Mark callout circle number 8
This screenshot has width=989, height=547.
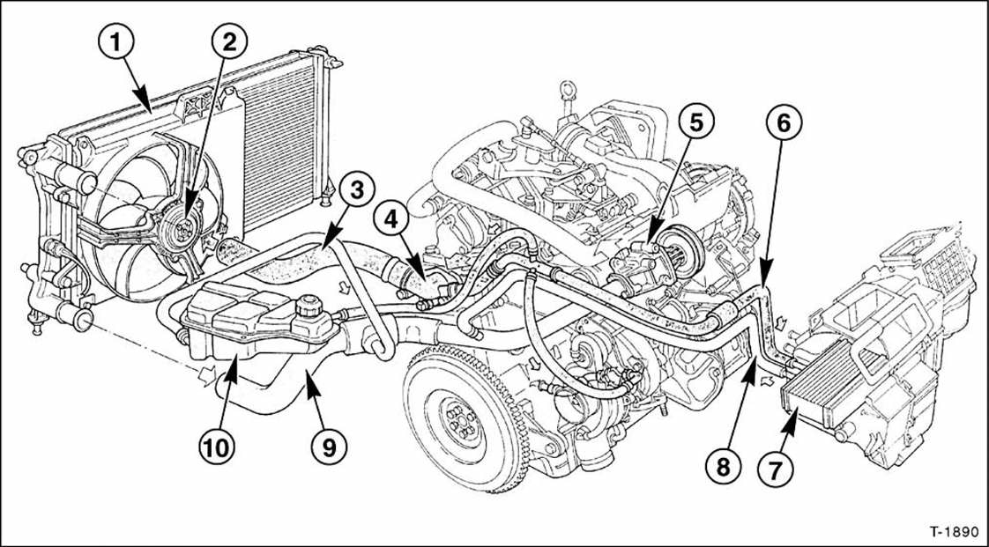[x=723, y=466]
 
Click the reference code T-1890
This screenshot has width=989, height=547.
[x=952, y=533]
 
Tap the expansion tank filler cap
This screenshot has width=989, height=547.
[x=309, y=309]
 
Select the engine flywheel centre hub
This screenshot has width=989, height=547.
[x=458, y=421]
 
